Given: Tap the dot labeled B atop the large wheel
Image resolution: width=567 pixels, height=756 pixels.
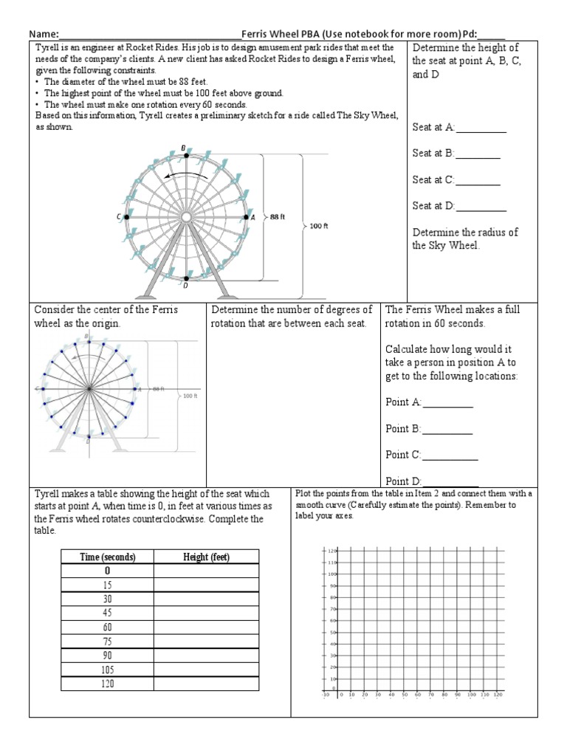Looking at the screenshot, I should (186, 156).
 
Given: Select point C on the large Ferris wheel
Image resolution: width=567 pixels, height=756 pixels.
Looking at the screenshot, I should (126, 217).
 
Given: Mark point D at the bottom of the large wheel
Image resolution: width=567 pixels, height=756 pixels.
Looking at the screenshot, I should (185, 278).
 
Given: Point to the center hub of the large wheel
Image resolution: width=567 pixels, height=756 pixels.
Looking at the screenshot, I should (186, 217).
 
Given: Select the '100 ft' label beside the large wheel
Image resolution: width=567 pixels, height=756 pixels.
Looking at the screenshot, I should (319, 227).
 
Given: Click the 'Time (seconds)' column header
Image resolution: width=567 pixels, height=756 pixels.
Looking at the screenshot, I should (107, 557).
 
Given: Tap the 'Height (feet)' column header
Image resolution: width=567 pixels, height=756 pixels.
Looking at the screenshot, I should (206, 557).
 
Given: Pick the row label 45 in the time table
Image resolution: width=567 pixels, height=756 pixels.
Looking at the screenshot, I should (107, 612).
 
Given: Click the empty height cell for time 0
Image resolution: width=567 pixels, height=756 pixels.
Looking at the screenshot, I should (206, 571).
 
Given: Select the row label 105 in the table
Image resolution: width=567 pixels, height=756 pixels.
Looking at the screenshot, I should (107, 670).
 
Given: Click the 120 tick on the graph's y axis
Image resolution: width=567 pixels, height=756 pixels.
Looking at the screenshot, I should (331, 551).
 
